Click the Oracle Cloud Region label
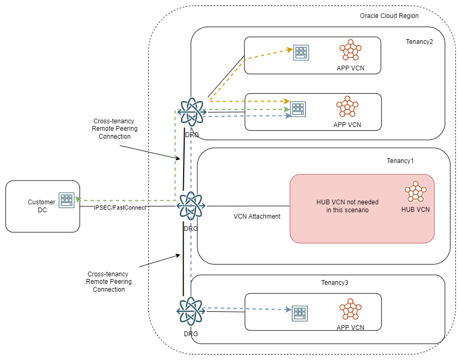389,16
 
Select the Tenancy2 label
419,42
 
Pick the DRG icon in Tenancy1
191,205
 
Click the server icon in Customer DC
67,200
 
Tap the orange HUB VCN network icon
415,192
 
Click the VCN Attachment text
257,217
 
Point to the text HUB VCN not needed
345,202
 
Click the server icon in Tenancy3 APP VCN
300,313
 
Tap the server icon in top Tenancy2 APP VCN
302,52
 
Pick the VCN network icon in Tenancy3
350,309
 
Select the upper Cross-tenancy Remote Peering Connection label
114,129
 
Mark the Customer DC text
41,206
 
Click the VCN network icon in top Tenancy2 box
350,50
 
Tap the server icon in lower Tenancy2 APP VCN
299,109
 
